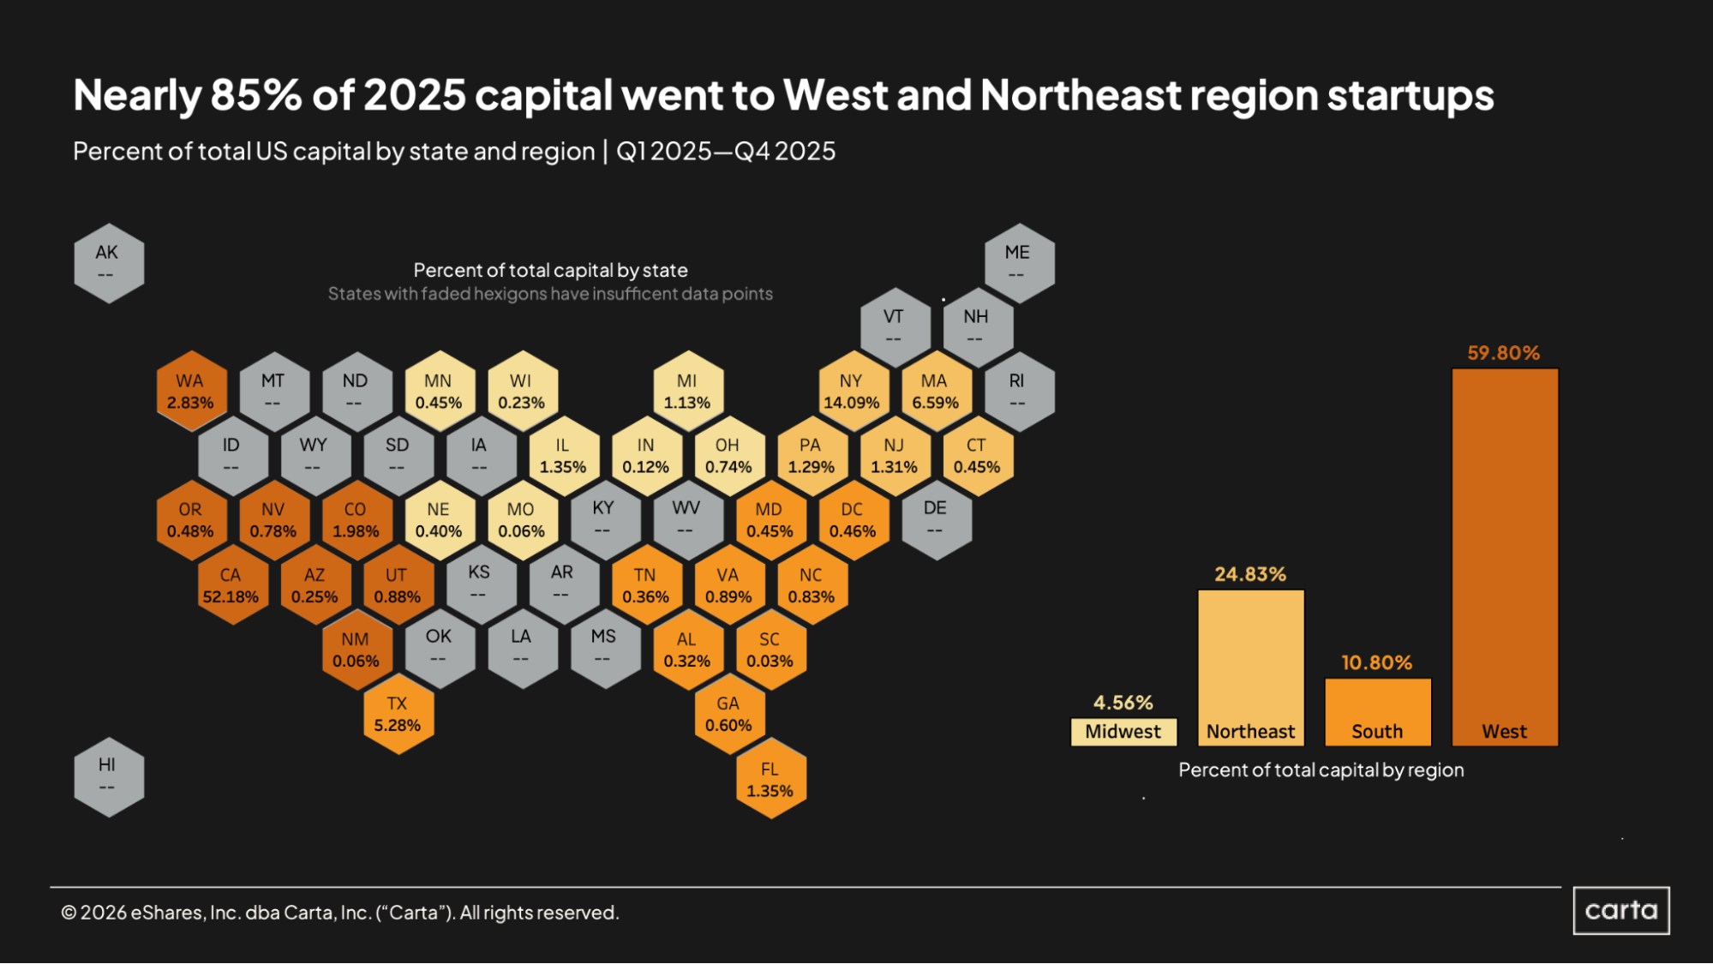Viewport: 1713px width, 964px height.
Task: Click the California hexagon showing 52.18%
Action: [x=231, y=585]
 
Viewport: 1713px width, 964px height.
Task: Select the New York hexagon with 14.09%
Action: [x=851, y=392]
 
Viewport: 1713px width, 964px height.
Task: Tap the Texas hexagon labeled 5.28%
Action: [x=398, y=714]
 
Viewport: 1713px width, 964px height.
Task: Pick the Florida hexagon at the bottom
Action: [x=770, y=780]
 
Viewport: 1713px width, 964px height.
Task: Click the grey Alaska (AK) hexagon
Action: [x=108, y=263]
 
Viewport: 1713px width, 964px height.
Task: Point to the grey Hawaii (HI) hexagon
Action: [x=108, y=775]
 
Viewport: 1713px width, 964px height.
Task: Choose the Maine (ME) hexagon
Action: [x=1018, y=263]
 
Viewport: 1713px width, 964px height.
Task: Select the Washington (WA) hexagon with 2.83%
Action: [x=190, y=392]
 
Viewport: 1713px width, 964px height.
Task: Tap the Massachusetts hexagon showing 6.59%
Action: [x=935, y=392]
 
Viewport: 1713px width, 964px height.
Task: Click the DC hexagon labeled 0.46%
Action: [x=853, y=520]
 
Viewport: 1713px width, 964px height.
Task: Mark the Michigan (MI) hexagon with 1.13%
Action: [x=687, y=392]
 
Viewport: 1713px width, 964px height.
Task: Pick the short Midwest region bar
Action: [x=1123, y=732]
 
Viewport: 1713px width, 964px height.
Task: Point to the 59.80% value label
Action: [x=1503, y=353]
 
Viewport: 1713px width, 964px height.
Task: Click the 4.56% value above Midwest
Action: [x=1123, y=703]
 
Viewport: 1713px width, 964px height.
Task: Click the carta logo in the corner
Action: [x=1620, y=910]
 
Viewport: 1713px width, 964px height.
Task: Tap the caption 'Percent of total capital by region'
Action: [x=1321, y=769]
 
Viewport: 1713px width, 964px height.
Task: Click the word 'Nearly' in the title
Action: [x=137, y=95]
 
